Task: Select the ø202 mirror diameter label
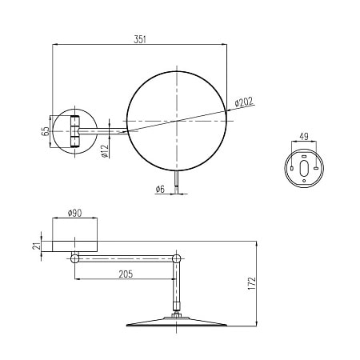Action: tap(245, 102)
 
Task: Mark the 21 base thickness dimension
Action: tap(38, 246)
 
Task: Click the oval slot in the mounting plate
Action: tap(304, 168)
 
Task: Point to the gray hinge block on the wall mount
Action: tap(74, 131)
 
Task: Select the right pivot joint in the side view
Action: tap(176, 258)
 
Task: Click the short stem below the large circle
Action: tap(177, 181)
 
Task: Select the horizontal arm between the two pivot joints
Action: tap(125, 258)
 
